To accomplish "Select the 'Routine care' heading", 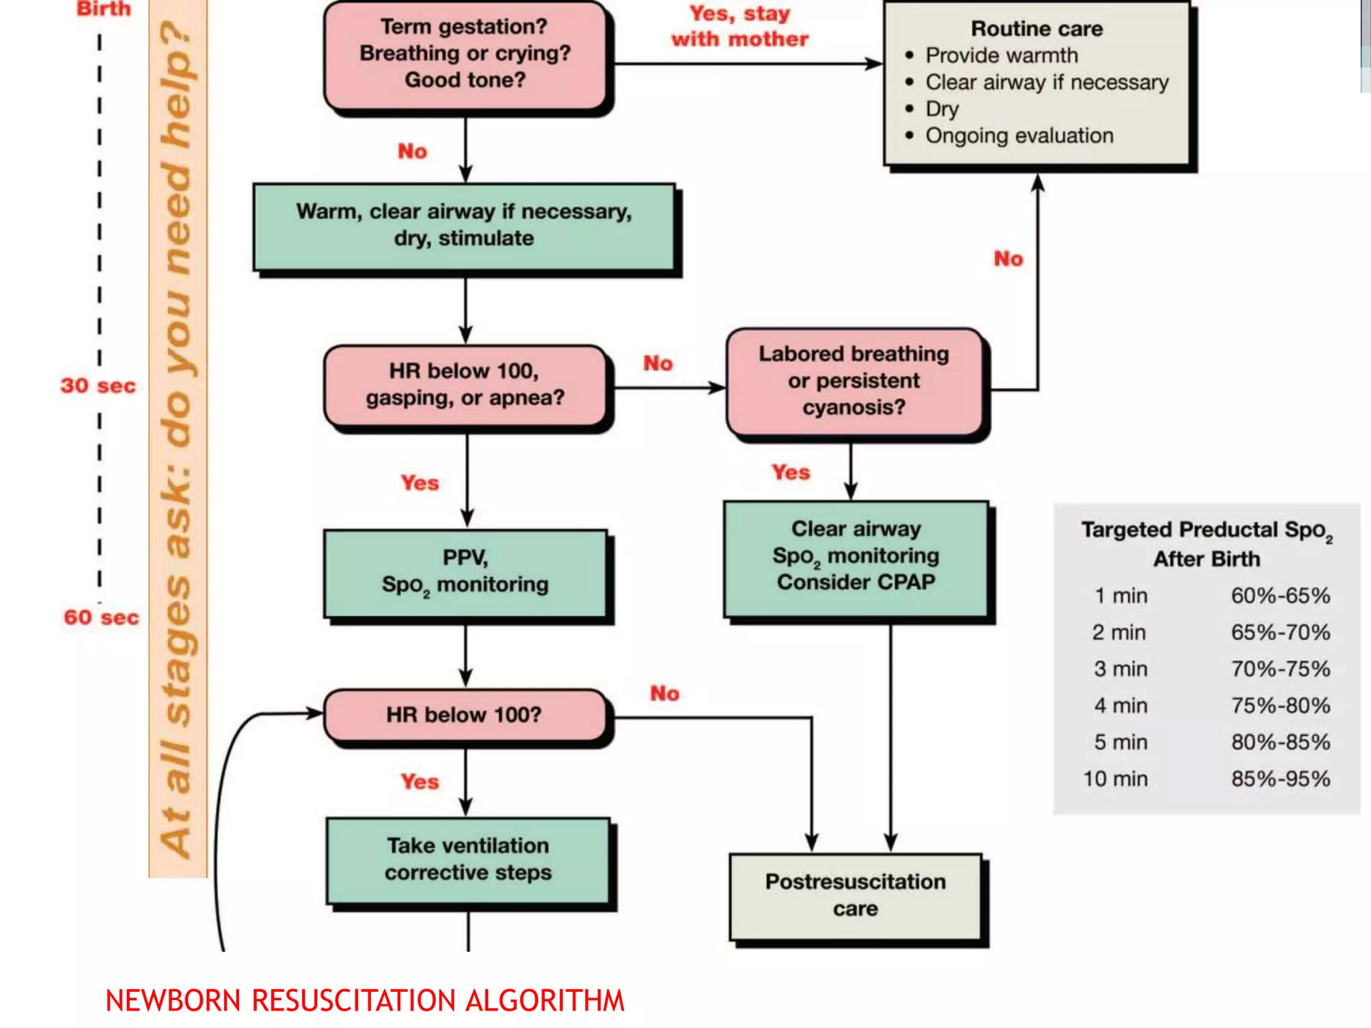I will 1036,29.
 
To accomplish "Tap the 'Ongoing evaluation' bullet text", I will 1019,136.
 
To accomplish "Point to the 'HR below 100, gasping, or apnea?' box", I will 465,385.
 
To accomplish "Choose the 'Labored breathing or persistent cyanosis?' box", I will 854,381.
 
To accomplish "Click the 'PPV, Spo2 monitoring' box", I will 465,572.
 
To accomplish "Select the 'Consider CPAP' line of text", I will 856,582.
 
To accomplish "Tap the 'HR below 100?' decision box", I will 465,715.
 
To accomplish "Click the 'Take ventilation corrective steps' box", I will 468,859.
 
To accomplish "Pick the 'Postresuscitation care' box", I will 855,895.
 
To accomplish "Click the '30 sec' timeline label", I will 98,386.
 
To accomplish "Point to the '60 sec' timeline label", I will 101,617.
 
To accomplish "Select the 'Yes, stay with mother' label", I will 740,27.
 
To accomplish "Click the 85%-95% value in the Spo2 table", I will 1280,779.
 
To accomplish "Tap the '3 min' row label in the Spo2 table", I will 1120,669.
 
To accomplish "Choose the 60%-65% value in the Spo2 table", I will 1280,596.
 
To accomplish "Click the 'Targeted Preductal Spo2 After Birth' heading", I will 1206,544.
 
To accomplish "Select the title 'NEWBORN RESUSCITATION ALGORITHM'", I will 365,1001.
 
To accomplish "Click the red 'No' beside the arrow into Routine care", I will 1008,259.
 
